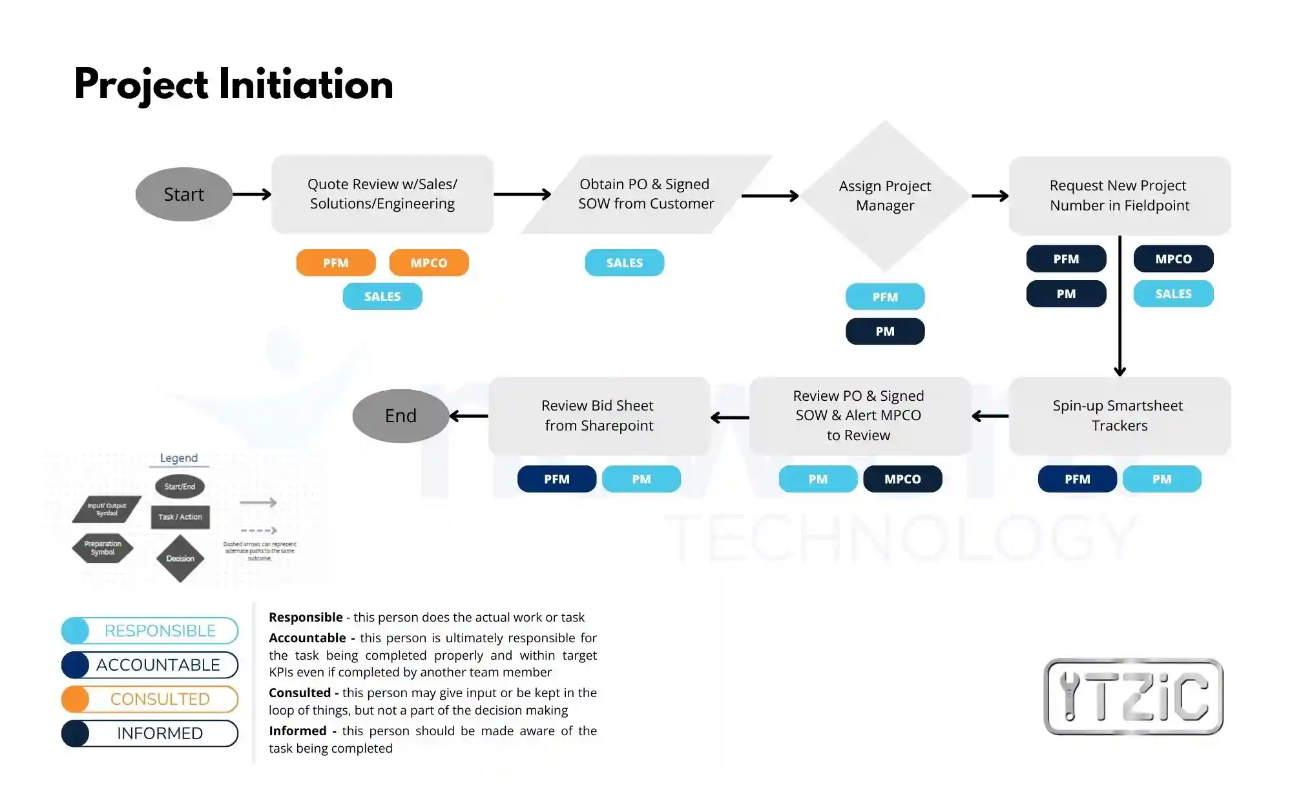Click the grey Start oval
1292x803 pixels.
(x=184, y=194)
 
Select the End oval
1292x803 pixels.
(x=401, y=416)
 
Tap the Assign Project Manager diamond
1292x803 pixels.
(x=885, y=196)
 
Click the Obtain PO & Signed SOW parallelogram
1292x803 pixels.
(x=646, y=194)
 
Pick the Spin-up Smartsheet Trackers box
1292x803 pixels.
(x=1120, y=416)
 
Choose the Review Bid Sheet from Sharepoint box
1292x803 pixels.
(x=598, y=416)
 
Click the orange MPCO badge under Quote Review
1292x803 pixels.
(x=429, y=263)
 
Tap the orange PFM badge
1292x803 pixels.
(x=336, y=263)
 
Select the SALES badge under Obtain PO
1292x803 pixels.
(x=625, y=263)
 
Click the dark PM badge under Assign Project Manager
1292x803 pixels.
(x=885, y=331)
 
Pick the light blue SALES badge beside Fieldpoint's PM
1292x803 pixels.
(x=1173, y=294)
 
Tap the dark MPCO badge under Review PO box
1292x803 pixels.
(x=902, y=479)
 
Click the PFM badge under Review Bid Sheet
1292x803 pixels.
(x=557, y=479)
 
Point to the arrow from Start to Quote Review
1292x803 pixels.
(x=252, y=194)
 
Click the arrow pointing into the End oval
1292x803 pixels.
(x=469, y=416)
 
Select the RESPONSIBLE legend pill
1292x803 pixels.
(x=150, y=631)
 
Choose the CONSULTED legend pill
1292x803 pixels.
(x=150, y=699)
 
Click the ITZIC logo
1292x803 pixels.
(x=1134, y=696)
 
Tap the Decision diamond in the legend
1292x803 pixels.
(x=180, y=558)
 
